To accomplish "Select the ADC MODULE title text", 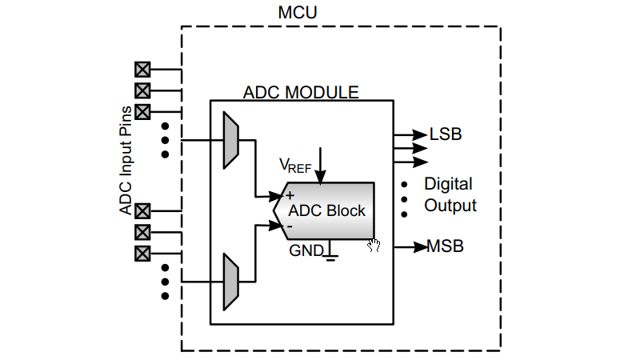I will tap(301, 92).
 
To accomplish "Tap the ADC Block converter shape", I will tap(328, 210).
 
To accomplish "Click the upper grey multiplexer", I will tap(230, 140).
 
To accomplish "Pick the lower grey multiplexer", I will tap(230, 282).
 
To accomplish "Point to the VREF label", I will tap(294, 166).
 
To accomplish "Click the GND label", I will tap(306, 250).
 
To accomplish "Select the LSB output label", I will tap(446, 134).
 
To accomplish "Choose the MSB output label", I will tap(445, 246).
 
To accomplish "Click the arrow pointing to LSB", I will tap(410, 134).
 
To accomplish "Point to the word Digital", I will tap(448, 184).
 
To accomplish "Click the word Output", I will tap(450, 206).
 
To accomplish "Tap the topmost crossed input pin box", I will tap(143, 69).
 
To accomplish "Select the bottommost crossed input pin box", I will tap(143, 254).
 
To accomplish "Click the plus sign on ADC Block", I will tap(290, 194).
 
